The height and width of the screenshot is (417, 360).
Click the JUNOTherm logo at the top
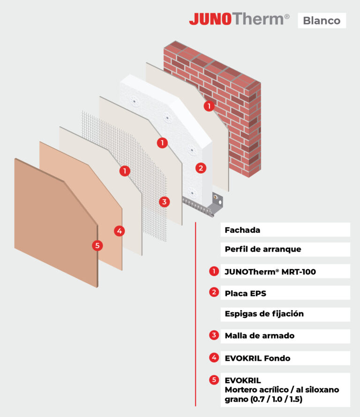coord(239,19)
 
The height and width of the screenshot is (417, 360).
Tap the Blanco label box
coord(322,21)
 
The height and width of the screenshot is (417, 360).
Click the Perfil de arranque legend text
coord(263,249)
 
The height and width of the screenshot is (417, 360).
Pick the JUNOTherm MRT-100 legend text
coord(270,272)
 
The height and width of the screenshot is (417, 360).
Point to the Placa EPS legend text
coord(246,293)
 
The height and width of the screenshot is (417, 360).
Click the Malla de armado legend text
coord(260,335)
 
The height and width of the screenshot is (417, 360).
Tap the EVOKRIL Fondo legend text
coord(257,358)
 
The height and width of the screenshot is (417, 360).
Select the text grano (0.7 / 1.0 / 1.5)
coord(263,399)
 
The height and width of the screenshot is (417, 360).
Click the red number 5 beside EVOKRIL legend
coord(214,380)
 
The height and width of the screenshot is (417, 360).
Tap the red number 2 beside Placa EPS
coord(214,292)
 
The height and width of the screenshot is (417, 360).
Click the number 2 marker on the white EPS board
coord(201,168)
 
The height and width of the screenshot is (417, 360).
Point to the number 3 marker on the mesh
coord(165,202)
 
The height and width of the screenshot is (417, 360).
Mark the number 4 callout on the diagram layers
coord(120,231)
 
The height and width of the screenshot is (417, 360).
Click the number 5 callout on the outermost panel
coord(97,245)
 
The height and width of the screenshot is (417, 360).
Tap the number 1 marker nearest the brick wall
coord(209,106)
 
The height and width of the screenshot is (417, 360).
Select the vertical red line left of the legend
coord(195,314)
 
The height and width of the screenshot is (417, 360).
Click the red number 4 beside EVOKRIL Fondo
coord(214,357)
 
